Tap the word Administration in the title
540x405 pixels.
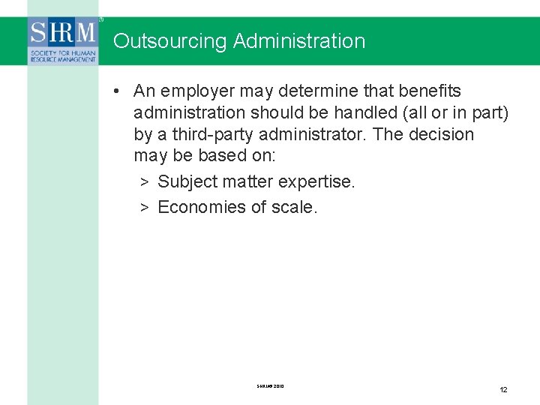pyautogui.click(x=299, y=40)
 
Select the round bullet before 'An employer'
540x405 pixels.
pyautogui.click(x=118, y=91)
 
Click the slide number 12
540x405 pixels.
pyautogui.click(x=504, y=389)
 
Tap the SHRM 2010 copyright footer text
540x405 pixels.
pyautogui.click(x=270, y=386)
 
